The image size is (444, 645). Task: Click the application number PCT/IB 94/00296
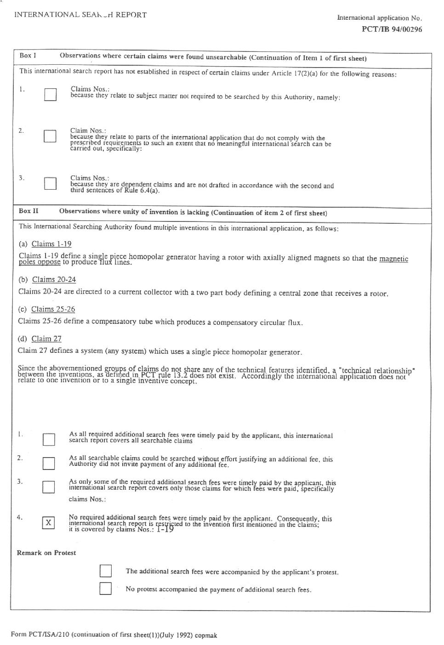pos(392,29)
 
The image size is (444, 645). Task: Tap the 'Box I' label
pos(28,56)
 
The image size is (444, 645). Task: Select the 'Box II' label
pos(28,211)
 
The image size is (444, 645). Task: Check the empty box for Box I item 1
pos(50,95)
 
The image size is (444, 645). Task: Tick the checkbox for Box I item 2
pos(50,136)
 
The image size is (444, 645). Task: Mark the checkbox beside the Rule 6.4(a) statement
pos(50,183)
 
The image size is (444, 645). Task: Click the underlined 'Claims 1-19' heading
pos(51,244)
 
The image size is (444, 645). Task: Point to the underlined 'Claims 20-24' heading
pos(54,279)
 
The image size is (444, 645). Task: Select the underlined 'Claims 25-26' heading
pos(53,309)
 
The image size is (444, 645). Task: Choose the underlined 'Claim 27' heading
pos(46,339)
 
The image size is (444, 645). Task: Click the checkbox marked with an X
pos(48,522)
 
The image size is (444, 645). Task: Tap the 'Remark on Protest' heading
pos(46,553)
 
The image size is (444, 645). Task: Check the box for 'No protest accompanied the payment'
pos(106,588)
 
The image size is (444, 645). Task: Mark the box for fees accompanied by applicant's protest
pos(106,571)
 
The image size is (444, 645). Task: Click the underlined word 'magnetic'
pos(393,259)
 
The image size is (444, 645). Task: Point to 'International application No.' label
pos(379,18)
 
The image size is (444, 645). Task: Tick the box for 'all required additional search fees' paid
pos(48,440)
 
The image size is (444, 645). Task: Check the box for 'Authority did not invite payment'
pos(48,463)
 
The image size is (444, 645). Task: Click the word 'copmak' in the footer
pos(205,635)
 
